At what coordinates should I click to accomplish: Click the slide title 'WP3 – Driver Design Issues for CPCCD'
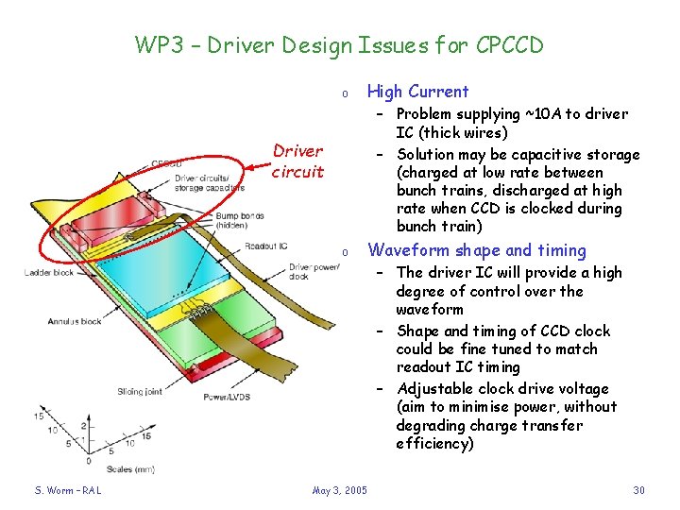pyautogui.click(x=339, y=44)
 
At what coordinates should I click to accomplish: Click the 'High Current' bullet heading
pyautogui.click(x=416, y=92)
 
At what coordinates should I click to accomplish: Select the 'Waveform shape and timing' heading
pyautogui.click(x=476, y=250)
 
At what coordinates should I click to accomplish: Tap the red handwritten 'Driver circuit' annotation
pyautogui.click(x=297, y=161)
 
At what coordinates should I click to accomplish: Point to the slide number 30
pyautogui.click(x=639, y=489)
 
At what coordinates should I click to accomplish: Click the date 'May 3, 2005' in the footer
pyautogui.click(x=339, y=489)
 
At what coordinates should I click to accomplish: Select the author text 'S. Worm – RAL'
pyautogui.click(x=68, y=489)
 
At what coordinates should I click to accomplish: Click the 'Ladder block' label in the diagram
pyautogui.click(x=48, y=273)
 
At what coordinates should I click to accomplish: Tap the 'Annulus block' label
pyautogui.click(x=75, y=321)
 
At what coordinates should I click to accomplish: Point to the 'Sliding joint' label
pyautogui.click(x=141, y=390)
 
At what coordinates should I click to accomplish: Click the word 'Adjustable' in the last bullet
pyautogui.click(x=436, y=389)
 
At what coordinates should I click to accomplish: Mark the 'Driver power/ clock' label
pyautogui.click(x=311, y=272)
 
